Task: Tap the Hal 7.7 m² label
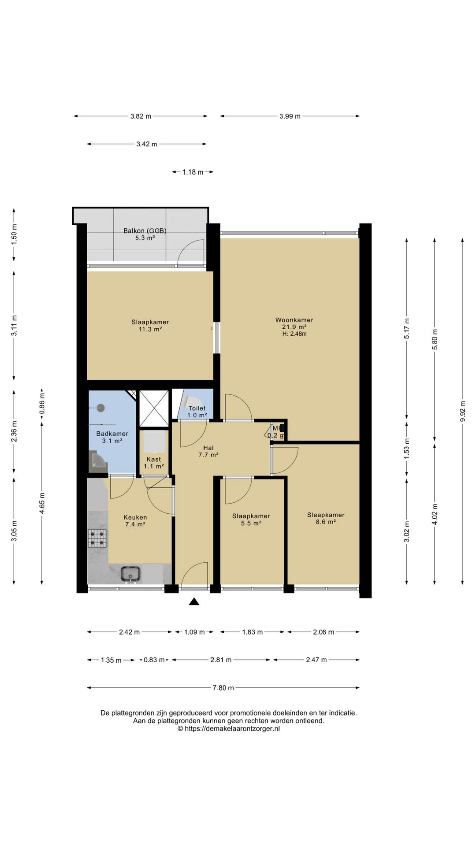208,451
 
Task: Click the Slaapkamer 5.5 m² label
251,519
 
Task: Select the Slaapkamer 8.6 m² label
326,518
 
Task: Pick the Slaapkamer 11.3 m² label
150,326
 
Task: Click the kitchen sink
131,574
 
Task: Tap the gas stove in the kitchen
98,538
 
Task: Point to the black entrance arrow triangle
194,601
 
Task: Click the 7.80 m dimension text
223,688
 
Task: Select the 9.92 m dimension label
463,411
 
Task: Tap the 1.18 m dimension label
193,172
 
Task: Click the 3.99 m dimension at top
290,116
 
